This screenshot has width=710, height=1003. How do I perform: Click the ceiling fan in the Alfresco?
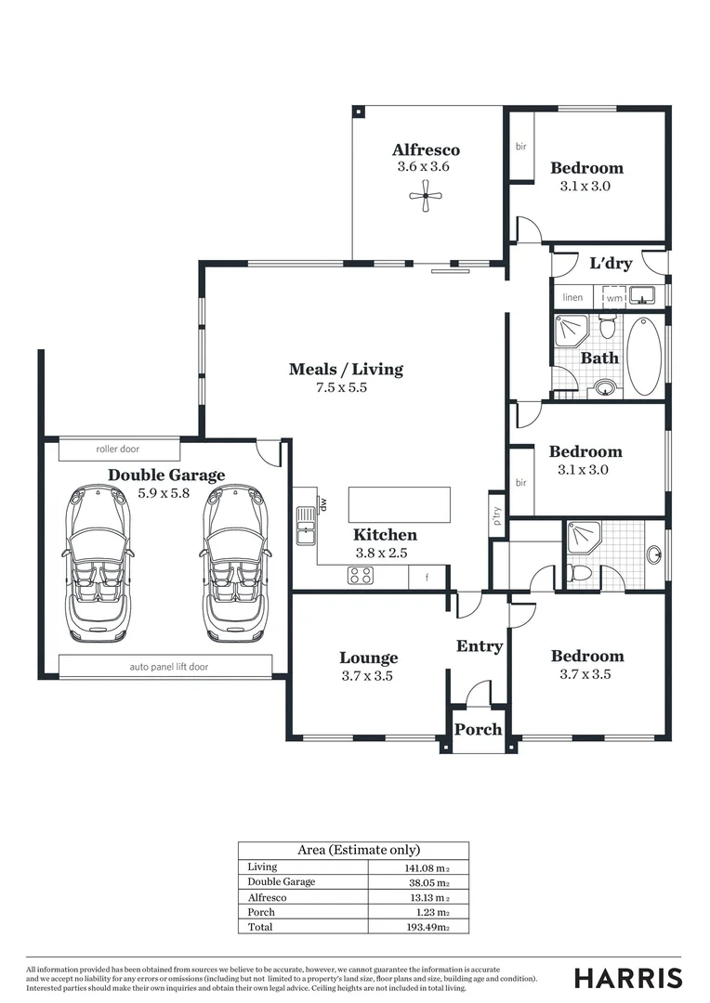pos(426,196)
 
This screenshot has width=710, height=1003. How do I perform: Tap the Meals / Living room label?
pos(346,369)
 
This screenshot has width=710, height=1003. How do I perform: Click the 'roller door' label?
pos(118,449)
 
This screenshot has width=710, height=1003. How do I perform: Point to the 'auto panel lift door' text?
pos(169,667)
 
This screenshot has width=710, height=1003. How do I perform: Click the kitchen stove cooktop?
pos(362,576)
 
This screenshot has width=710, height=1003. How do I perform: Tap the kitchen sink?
pos(306,525)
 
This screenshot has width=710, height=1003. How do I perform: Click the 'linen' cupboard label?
pos(573,297)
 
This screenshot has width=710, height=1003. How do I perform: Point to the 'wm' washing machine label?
pos(614,299)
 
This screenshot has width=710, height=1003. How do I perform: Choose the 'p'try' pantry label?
pos(497,516)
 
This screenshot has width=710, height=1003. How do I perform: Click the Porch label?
pos(479,729)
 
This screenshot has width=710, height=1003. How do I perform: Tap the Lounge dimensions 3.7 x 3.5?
pos(367,676)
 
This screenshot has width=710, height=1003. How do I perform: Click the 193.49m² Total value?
pos(427,927)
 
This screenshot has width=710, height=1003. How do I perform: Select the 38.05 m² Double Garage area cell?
pos(429,883)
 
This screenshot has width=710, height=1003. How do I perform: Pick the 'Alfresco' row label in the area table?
pos(267,897)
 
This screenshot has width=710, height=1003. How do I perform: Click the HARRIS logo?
pos(628,978)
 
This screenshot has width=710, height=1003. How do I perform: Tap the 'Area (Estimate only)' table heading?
pos(359,850)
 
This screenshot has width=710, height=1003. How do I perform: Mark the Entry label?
pos(480,646)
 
